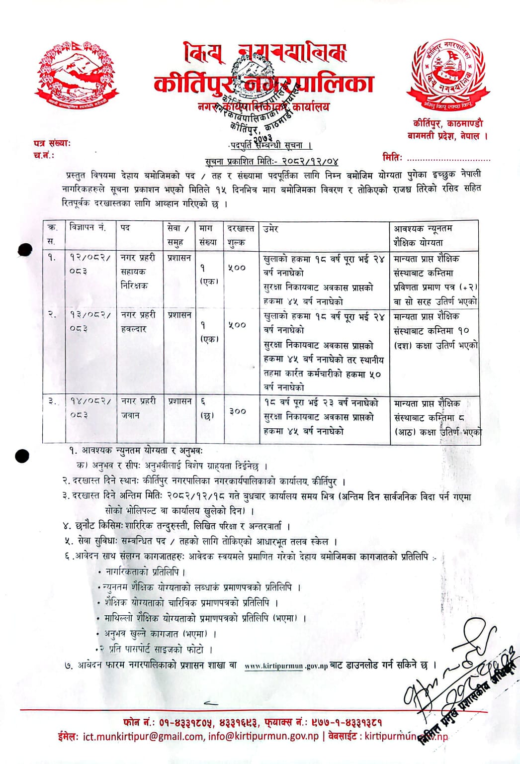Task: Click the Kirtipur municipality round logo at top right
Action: tap(448, 75)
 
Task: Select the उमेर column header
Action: tap(271, 229)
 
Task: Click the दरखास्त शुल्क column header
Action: tap(241, 235)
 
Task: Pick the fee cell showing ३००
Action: tap(238, 411)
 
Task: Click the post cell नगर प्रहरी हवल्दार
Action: tap(138, 322)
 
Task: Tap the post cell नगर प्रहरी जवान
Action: tap(138, 408)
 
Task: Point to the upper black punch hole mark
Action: tap(24, 250)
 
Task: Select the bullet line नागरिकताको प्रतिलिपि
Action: tap(145, 572)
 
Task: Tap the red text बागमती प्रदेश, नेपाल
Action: tap(447, 135)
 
